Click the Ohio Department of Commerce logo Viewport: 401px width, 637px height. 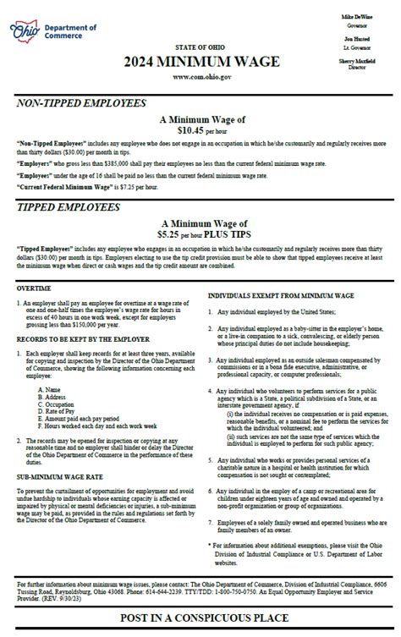coord(52,31)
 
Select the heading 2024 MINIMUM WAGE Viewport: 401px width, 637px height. coord(200,61)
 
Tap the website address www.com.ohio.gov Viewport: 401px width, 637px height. coord(200,76)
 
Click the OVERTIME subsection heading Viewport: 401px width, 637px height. coord(34,288)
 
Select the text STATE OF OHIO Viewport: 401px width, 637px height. coord(200,47)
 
